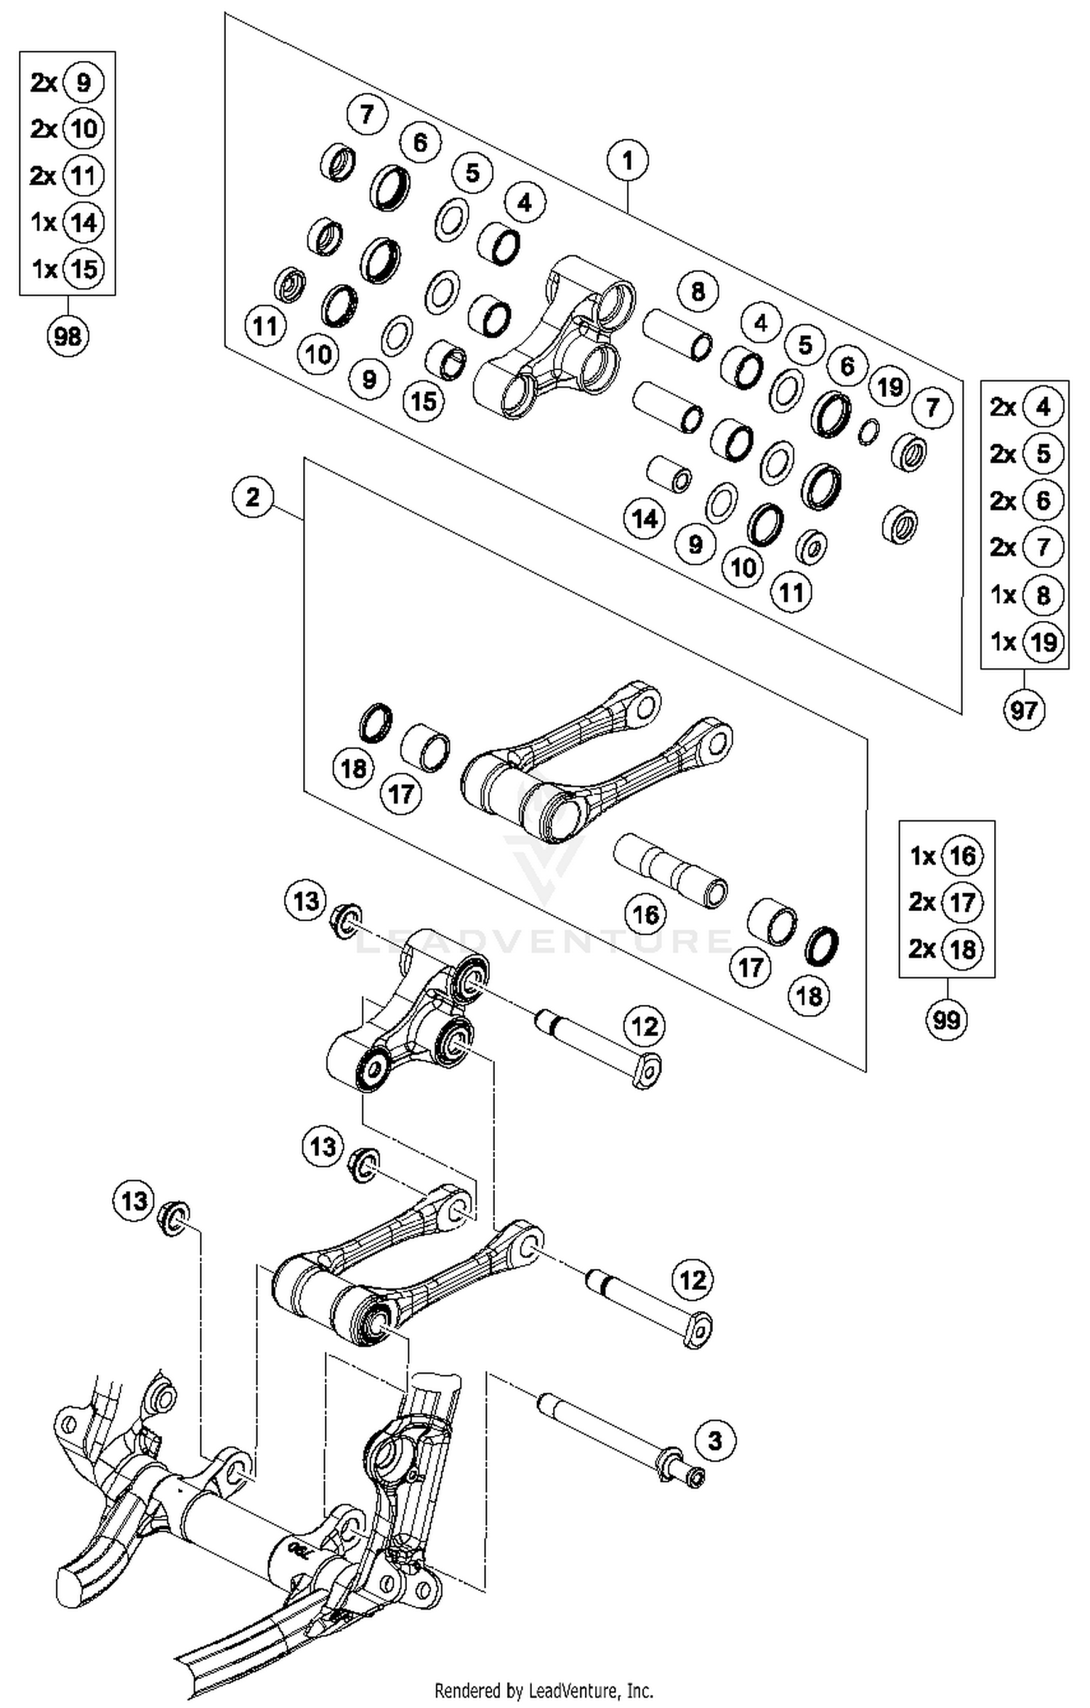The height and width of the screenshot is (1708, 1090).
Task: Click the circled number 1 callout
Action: [628, 160]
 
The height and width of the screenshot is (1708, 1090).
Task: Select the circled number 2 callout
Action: [252, 498]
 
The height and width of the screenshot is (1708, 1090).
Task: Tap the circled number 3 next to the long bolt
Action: [715, 1440]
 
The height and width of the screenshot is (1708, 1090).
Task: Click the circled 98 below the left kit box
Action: [68, 337]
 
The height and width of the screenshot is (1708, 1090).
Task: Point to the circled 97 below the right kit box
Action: [1024, 709]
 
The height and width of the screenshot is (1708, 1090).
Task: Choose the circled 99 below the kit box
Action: [946, 1020]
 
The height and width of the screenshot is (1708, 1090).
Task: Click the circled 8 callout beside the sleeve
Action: [698, 292]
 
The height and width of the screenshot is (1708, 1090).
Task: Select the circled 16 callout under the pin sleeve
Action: [646, 914]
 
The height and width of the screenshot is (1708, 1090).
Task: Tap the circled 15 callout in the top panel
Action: [424, 401]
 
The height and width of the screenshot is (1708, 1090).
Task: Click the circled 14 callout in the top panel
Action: [645, 519]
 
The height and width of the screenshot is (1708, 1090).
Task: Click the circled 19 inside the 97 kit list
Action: [1043, 641]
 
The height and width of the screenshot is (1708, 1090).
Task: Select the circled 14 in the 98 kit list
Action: [84, 222]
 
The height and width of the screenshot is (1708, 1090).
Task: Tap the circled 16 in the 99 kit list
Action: [962, 856]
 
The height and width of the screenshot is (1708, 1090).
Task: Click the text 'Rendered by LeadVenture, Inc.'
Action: [544, 1690]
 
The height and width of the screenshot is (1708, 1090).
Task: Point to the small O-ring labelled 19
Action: [868, 431]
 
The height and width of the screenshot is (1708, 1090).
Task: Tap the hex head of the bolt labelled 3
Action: [695, 1477]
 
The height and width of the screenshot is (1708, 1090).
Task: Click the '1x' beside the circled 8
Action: [1003, 595]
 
